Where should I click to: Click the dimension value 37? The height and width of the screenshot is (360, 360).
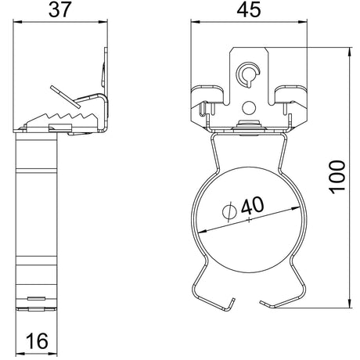click(x=59, y=10)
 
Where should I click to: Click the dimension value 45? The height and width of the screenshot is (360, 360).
click(x=249, y=10)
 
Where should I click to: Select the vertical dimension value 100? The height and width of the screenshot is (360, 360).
click(x=337, y=177)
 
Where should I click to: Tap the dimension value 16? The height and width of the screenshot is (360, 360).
click(x=38, y=341)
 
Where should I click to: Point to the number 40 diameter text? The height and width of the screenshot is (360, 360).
click(x=252, y=205)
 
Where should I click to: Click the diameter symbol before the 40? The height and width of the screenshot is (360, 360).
click(x=229, y=211)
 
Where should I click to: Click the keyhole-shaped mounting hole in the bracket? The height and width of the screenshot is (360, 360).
click(x=248, y=74)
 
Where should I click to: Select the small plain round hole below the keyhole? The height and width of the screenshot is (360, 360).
click(x=249, y=107)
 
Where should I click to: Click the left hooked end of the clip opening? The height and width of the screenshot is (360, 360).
click(x=229, y=304)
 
